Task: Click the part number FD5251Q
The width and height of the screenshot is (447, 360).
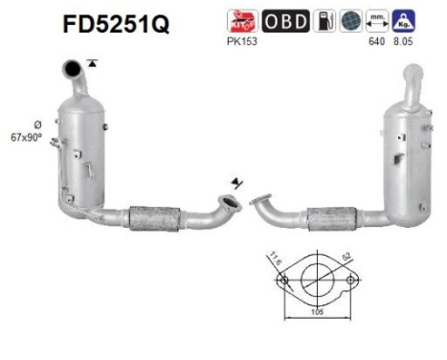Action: (x=116, y=24)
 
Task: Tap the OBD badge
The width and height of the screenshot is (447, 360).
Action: (x=285, y=22)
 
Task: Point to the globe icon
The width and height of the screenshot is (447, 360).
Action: (x=353, y=22)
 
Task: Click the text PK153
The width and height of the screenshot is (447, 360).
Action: (x=239, y=41)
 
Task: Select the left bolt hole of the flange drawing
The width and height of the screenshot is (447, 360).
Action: (x=282, y=281)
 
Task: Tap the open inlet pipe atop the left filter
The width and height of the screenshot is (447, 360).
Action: (x=71, y=69)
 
